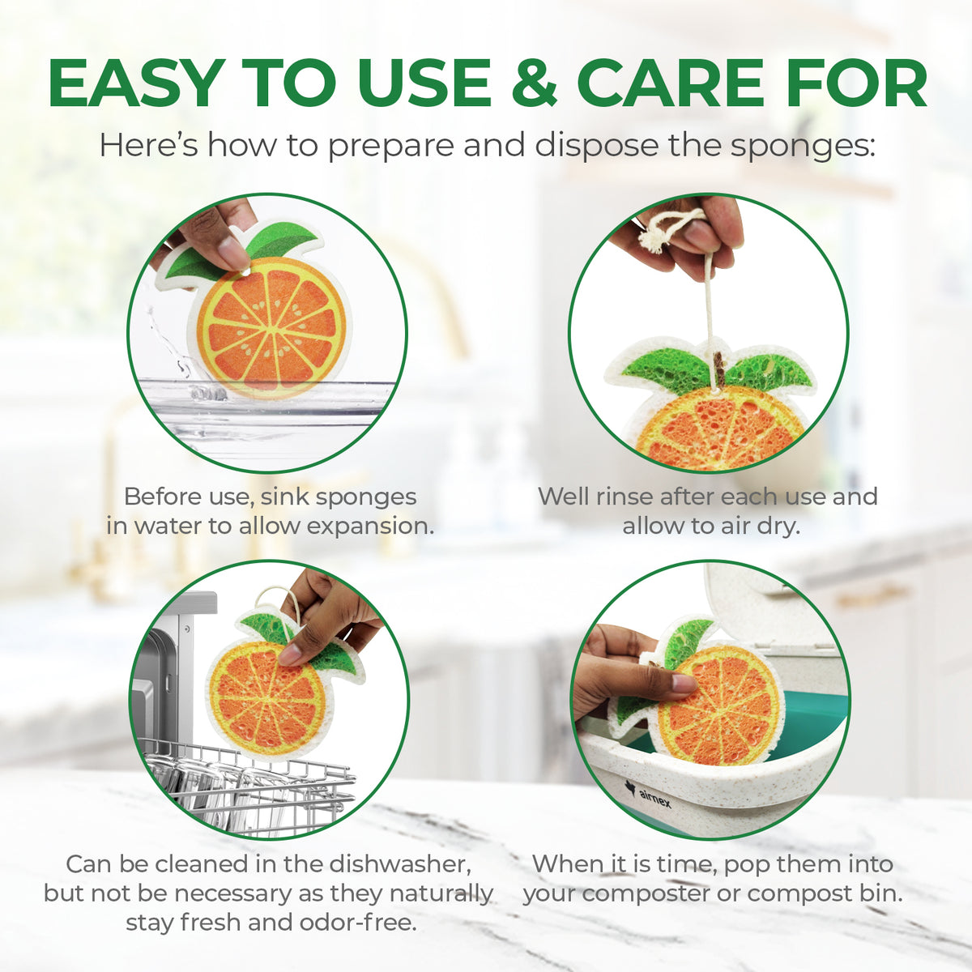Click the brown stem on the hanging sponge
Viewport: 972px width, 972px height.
pyautogui.click(x=717, y=369)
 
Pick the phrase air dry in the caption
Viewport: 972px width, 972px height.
pyautogui.click(x=752, y=526)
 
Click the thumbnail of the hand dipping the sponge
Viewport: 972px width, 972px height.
pyautogui.click(x=267, y=333)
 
